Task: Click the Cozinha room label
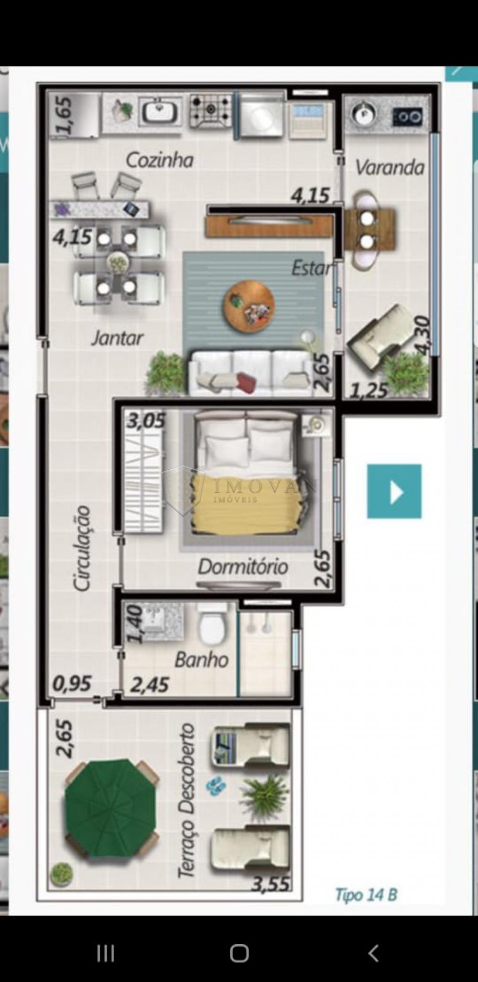click(x=160, y=161)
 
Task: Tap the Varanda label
click(x=390, y=168)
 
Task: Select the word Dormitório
click(x=243, y=567)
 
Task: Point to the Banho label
click(x=201, y=660)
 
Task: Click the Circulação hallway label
click(x=82, y=549)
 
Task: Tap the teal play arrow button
click(x=394, y=491)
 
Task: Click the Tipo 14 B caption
click(x=366, y=895)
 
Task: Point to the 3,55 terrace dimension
click(x=271, y=885)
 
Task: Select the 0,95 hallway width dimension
click(x=72, y=684)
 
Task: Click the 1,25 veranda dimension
click(x=369, y=391)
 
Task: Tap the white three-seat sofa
click(x=251, y=373)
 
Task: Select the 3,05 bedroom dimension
click(x=146, y=421)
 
